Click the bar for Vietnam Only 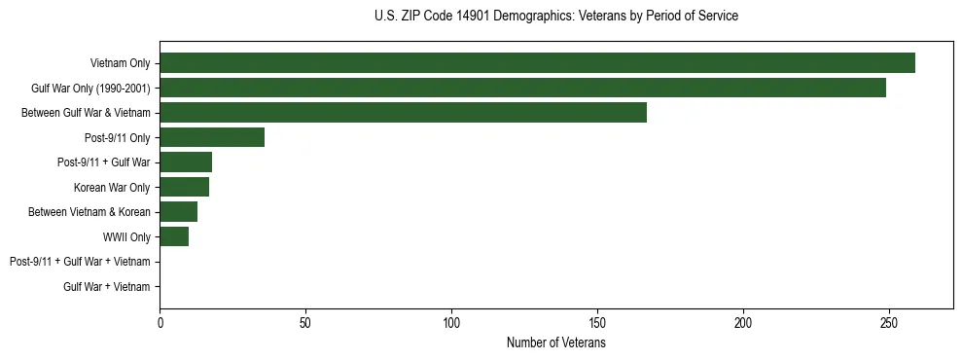point(537,62)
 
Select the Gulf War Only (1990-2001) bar point(522,88)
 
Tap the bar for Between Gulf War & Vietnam point(403,112)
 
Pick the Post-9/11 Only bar point(212,137)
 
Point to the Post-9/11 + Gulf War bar point(186,162)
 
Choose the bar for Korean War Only point(184,187)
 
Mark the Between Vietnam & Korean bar point(178,211)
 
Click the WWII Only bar point(174,236)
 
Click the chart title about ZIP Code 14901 point(555,17)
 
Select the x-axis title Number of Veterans point(555,343)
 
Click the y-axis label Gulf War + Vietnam point(106,286)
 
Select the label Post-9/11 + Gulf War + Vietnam point(80,262)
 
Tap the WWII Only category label point(126,236)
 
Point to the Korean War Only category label point(112,187)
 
